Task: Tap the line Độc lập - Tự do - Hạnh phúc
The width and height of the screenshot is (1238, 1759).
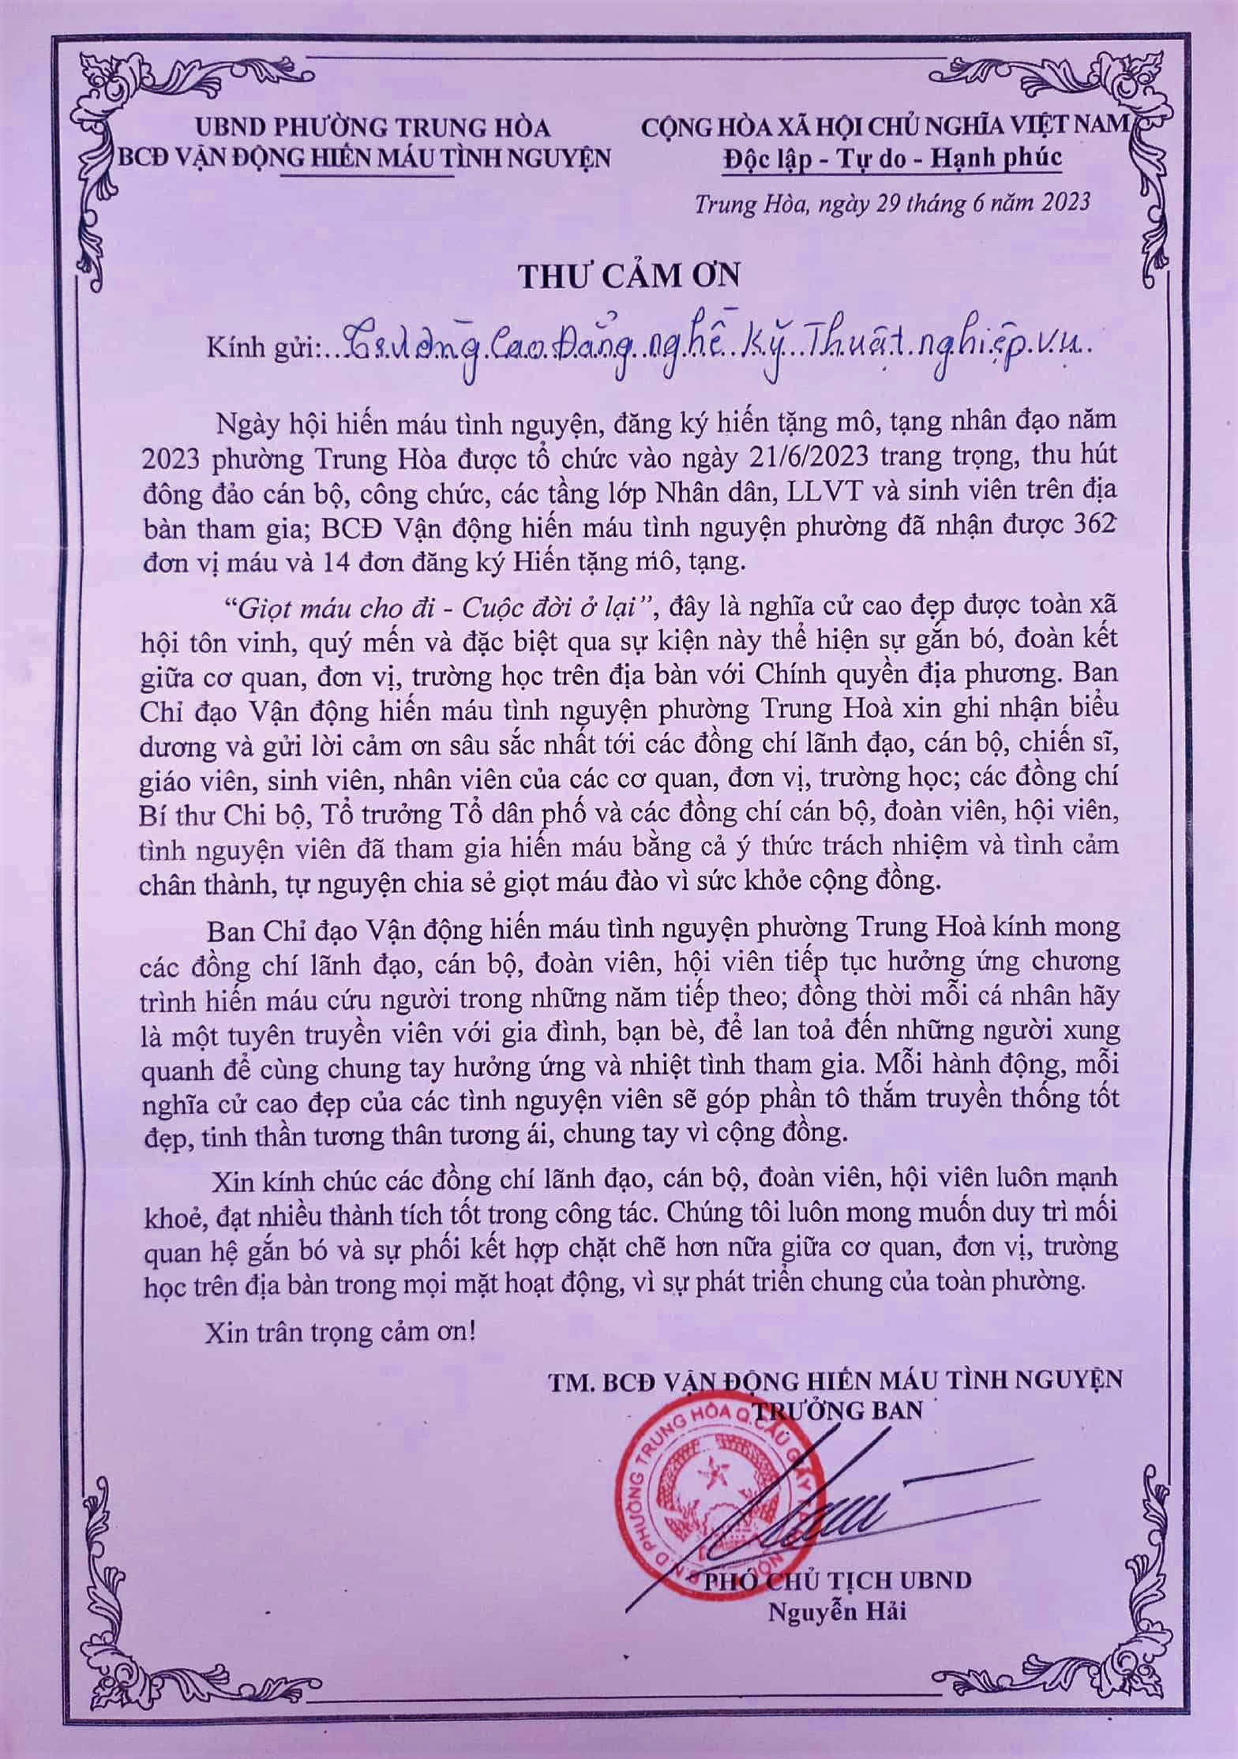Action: click(x=893, y=157)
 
